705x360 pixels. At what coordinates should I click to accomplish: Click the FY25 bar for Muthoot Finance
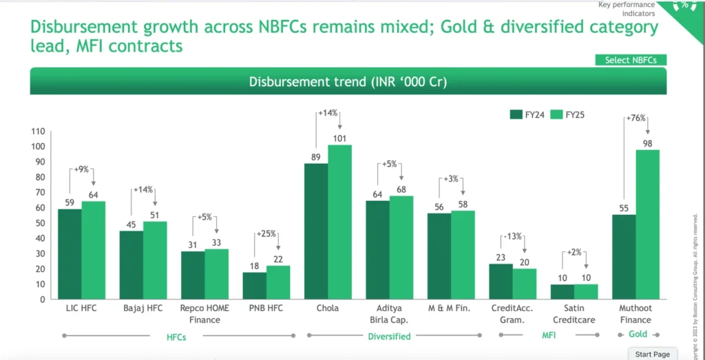point(647,224)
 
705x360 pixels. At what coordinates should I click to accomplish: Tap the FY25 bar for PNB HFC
point(278,282)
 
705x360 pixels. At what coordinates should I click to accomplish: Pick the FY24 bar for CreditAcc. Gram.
point(501,282)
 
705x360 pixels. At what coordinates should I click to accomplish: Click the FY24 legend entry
point(527,115)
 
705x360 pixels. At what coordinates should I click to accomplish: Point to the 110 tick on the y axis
point(38,131)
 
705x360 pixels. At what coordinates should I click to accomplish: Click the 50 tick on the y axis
point(40,223)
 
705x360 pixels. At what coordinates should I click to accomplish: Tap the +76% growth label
point(635,118)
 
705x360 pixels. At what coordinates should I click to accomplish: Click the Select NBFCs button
point(631,60)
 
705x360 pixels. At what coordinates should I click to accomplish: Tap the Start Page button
point(652,354)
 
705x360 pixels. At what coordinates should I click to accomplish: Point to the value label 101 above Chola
point(339,138)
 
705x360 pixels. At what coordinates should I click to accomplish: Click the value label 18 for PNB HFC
point(254,266)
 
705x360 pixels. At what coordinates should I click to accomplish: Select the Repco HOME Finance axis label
point(204,314)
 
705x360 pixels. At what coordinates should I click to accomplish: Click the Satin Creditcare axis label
point(574,314)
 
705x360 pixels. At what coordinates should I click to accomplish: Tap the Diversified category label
point(389,337)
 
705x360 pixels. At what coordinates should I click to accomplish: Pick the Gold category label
point(638,334)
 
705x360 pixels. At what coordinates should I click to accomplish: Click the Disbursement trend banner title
point(348,82)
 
